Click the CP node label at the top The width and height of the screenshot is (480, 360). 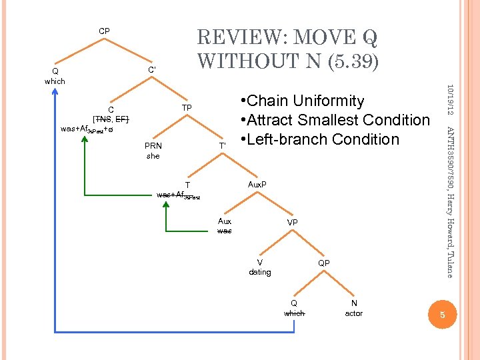105,31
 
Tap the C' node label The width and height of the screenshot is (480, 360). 153,69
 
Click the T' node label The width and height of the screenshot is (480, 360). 223,145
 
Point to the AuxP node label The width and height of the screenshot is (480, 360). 257,183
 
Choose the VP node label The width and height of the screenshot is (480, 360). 293,221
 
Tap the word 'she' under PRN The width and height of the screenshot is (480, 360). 153,156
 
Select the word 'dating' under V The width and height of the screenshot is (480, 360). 260,272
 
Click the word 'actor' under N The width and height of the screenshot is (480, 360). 354,313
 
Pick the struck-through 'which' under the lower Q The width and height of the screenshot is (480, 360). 294,313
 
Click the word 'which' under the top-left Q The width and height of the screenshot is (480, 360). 55,81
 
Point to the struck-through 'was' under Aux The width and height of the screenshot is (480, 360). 225,231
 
